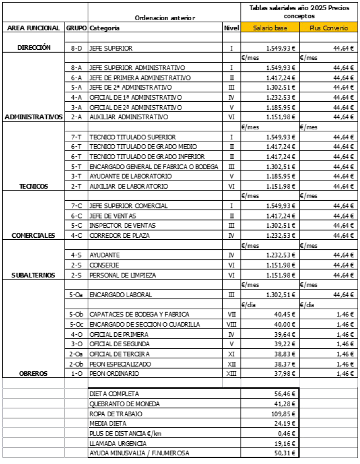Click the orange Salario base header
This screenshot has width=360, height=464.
[x=270, y=28]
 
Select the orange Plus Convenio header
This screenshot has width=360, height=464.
[x=330, y=28]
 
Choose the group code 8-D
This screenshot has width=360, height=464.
[x=76, y=48]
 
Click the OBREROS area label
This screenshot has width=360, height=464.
[x=32, y=374]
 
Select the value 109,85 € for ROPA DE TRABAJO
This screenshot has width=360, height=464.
[x=284, y=414]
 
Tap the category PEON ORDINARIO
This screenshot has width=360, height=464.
[x=114, y=374]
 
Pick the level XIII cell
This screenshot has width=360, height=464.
[x=231, y=374]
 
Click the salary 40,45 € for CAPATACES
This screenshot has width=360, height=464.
[x=284, y=314]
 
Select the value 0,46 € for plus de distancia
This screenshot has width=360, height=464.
[x=287, y=434]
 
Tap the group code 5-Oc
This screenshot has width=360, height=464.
[x=76, y=324]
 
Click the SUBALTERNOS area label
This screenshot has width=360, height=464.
[x=33, y=275]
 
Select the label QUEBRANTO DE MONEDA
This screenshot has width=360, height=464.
[x=119, y=404]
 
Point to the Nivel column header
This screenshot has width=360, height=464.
[x=231, y=28]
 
